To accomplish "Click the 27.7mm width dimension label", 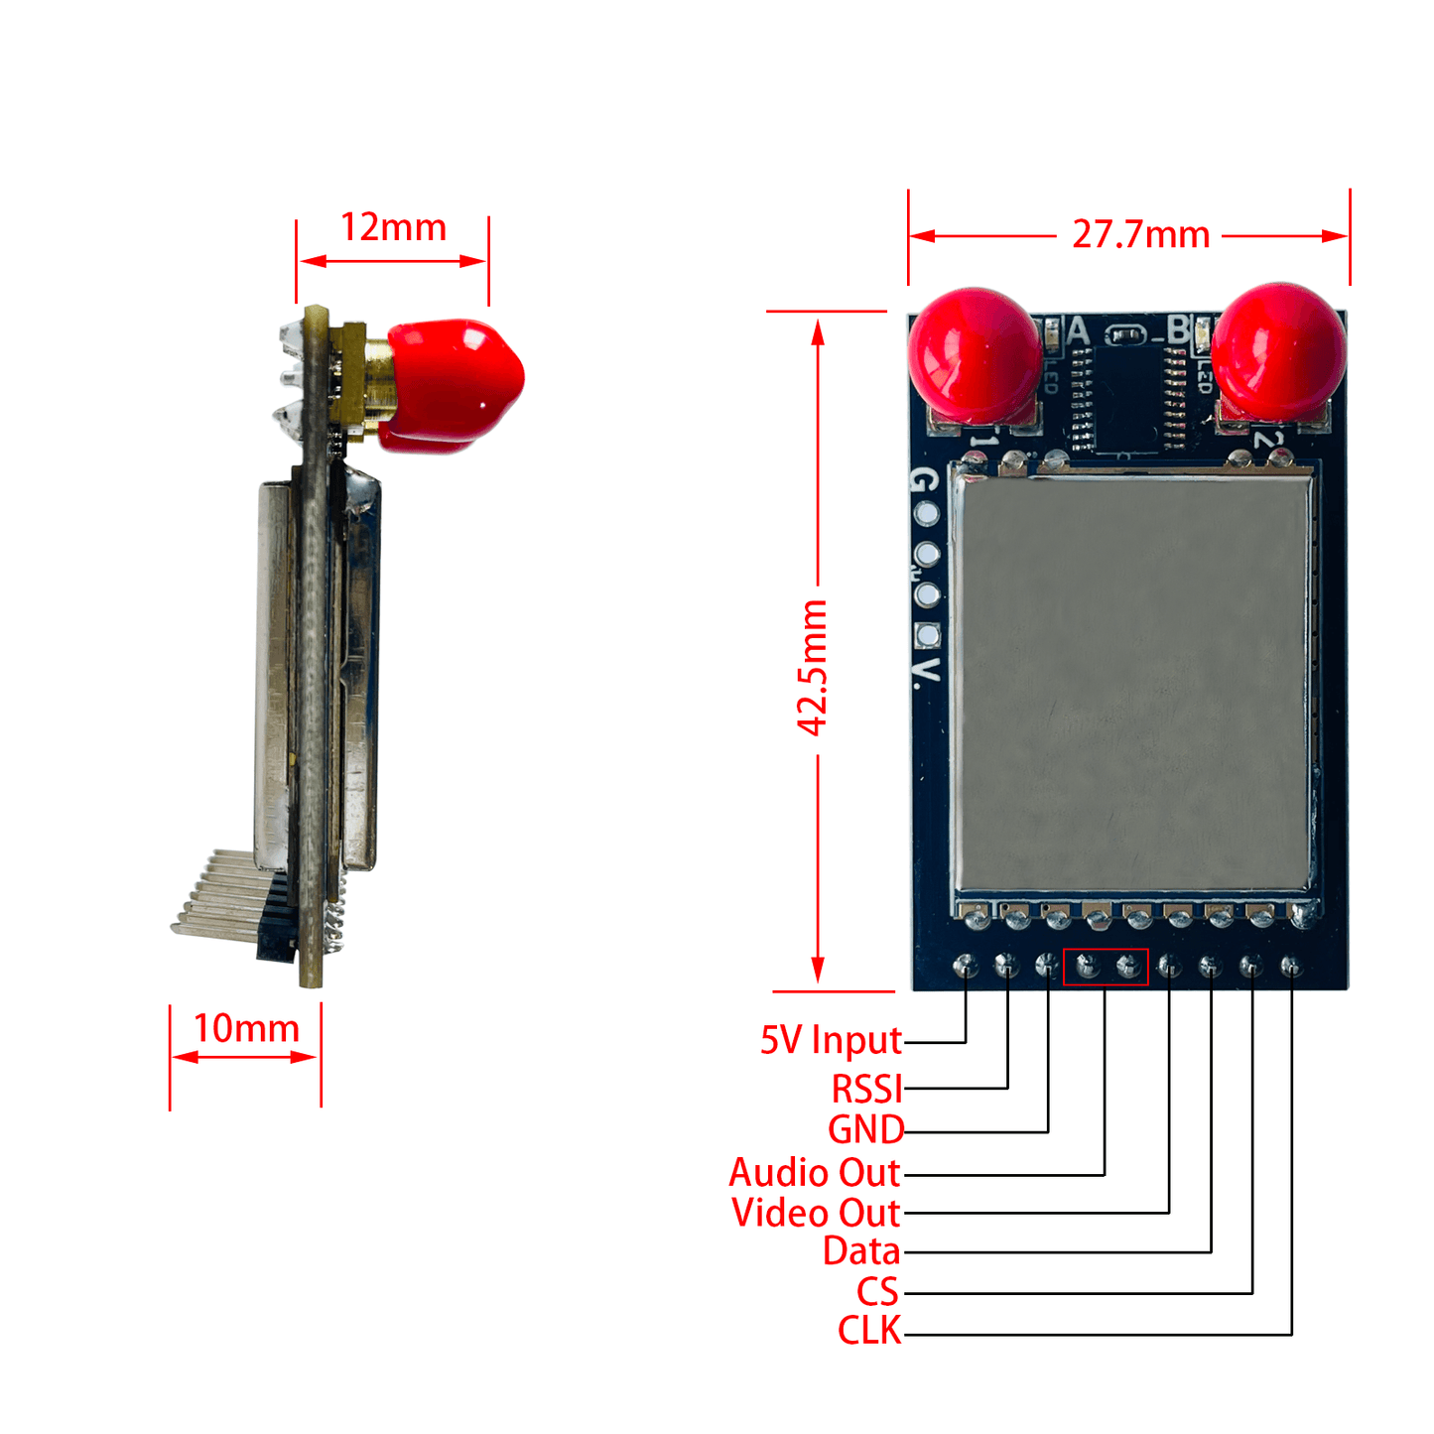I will click(1140, 235).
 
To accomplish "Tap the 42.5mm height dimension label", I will click(814, 668).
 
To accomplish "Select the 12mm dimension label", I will click(393, 227).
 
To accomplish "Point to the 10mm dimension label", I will click(246, 1028).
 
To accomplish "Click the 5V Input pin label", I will click(831, 1040).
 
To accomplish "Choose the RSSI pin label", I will click(866, 1089).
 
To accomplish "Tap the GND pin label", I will click(865, 1129).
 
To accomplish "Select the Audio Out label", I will click(815, 1173).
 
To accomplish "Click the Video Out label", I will click(816, 1213).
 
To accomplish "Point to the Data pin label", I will click(860, 1251).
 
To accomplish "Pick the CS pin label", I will click(877, 1292).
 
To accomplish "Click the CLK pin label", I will click(869, 1331).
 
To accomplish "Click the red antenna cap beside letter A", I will click(974, 354).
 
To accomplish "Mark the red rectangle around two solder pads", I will click(1106, 967).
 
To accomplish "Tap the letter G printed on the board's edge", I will click(922, 480).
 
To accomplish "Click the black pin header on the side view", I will click(276, 918).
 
